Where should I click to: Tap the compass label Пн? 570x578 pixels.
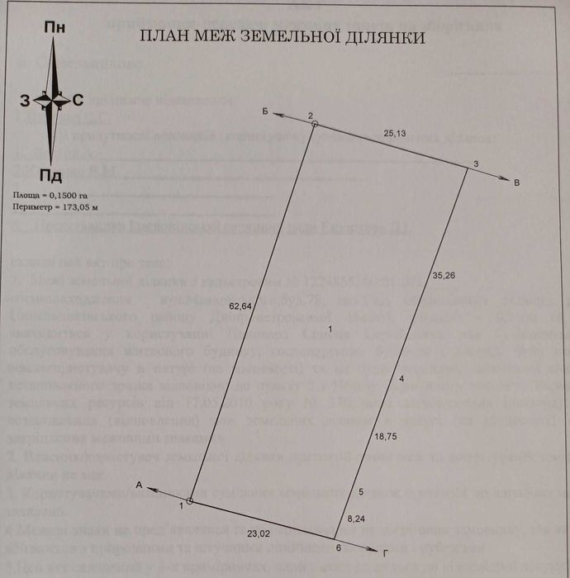pos(55,26)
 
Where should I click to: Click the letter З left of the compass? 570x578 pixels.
pos(26,101)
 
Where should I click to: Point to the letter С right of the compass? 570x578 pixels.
pos(77,101)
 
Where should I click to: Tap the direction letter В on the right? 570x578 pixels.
pos(516,182)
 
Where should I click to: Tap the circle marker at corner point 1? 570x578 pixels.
pos(190,501)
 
